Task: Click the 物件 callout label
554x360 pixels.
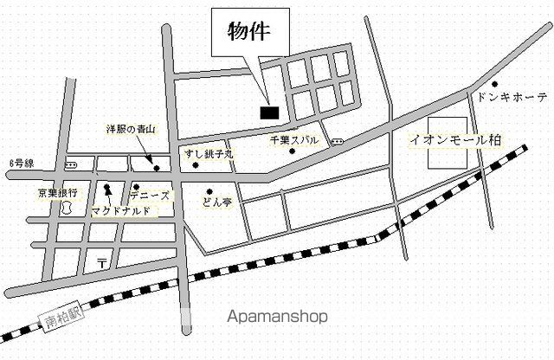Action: pyautogui.click(x=248, y=32)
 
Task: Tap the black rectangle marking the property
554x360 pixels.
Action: pyautogui.click(x=268, y=111)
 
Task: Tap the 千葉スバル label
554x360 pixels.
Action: pyautogui.click(x=294, y=138)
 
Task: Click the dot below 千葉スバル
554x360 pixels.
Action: pyautogui.click(x=293, y=152)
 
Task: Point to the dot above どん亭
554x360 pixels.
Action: pyautogui.click(x=209, y=191)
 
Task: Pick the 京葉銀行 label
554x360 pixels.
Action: pyautogui.click(x=58, y=191)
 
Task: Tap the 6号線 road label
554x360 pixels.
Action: pyautogui.click(x=23, y=162)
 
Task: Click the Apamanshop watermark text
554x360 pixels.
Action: pyautogui.click(x=277, y=317)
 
